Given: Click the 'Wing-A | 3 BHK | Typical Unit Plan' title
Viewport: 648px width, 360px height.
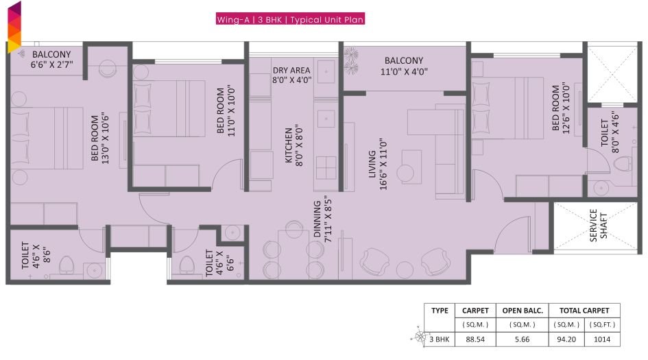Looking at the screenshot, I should pos(289,20).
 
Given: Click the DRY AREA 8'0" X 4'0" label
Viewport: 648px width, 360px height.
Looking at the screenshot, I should pos(291,75).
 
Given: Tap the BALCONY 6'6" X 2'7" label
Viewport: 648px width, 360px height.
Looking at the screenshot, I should pos(51,60).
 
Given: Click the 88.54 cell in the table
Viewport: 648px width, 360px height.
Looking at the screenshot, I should pos(475,339).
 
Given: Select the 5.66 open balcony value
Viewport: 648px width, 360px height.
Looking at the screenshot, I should pos(527,339).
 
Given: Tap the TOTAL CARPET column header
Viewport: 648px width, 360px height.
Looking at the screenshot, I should pos(584,311).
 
